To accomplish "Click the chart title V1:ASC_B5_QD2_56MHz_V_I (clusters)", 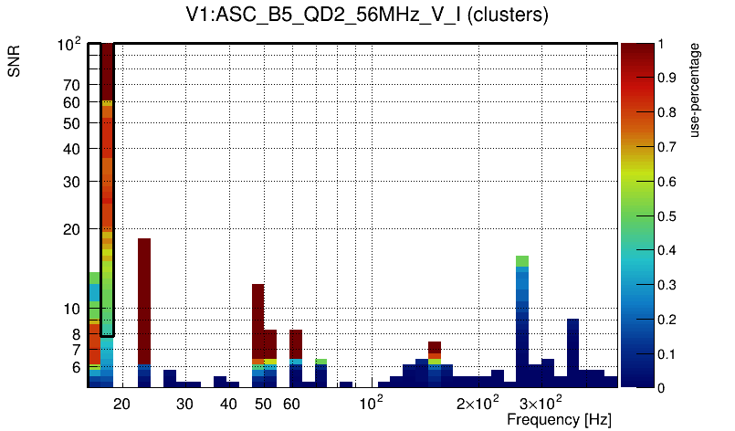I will point(366,16).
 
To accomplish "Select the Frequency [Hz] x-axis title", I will point(559,419).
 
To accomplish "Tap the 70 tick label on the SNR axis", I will point(72,85).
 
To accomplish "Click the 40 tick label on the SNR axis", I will point(72,149).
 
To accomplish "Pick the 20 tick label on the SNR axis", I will point(72,230).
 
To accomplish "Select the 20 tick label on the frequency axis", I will point(121,403).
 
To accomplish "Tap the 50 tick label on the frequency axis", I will point(263,403).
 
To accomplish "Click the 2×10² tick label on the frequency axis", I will point(478,403).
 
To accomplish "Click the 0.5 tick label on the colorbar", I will point(667,216).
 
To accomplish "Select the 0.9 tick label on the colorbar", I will point(667,79).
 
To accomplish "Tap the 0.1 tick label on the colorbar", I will point(667,353).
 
